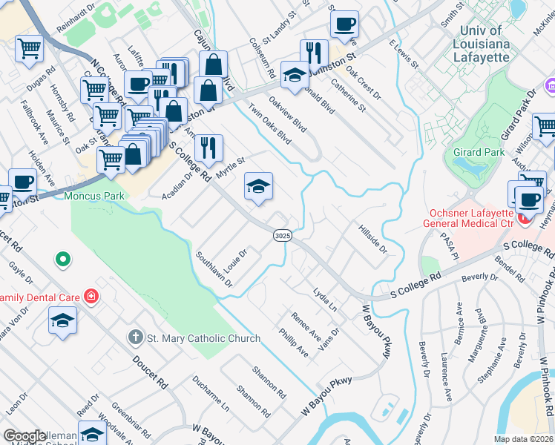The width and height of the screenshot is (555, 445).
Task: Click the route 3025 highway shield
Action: pyautogui.click(x=281, y=235)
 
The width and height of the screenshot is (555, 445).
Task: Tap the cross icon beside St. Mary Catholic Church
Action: pyautogui.click(x=135, y=338)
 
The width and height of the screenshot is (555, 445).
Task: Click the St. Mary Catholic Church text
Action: pyautogui.click(x=203, y=338)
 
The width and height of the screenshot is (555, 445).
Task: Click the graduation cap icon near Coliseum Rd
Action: pyautogui.click(x=295, y=74)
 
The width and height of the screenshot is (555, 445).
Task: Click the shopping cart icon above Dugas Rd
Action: pyautogui.click(x=29, y=49)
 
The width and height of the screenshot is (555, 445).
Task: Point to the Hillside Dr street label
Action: pyautogui.click(x=373, y=239)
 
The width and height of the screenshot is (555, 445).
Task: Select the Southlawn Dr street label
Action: pyautogui.click(x=214, y=268)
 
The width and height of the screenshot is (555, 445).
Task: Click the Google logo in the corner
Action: pyautogui.click(x=24, y=436)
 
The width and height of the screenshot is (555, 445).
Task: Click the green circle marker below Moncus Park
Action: pyautogui.click(x=63, y=260)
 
